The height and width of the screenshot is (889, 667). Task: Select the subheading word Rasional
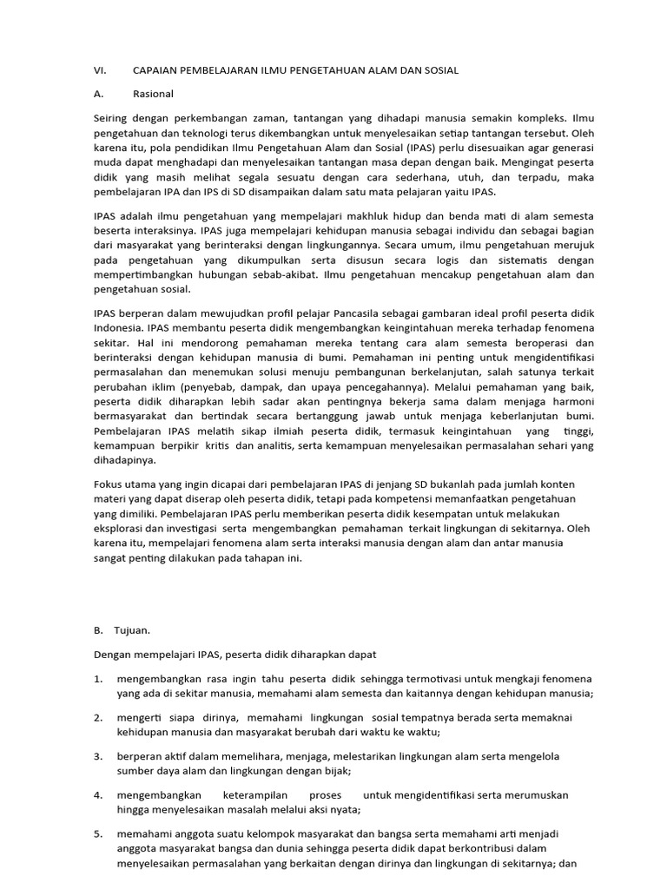153,93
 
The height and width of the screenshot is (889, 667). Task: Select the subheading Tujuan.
134,631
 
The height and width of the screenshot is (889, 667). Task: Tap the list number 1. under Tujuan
98,677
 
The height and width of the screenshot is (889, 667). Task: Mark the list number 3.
98,756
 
